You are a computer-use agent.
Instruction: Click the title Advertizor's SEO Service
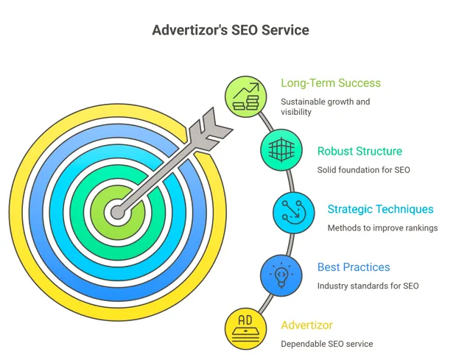pos(230,30)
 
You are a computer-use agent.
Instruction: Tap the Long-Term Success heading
pos(331,83)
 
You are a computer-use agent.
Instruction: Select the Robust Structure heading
pos(360,152)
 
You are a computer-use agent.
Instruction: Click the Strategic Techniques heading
pos(380,209)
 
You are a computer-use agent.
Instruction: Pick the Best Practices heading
pos(354,267)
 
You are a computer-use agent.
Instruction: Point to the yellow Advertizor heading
pos(306,325)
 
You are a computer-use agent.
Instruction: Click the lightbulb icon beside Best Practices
pos(281,275)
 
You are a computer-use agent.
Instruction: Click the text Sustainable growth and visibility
pos(325,107)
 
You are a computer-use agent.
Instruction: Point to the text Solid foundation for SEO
pos(363,170)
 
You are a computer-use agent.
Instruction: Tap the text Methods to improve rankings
pos(382,228)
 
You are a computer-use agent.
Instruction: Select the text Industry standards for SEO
pos(368,286)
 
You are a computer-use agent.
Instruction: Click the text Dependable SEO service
pos(326,344)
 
